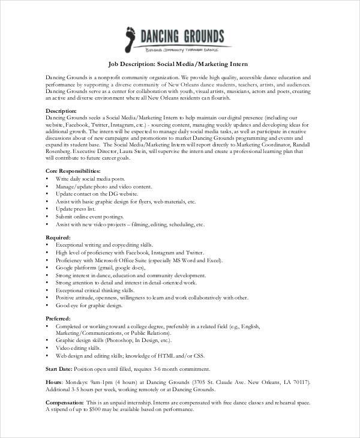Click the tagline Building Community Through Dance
(x=182, y=50)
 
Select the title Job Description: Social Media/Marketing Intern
(x=178, y=64)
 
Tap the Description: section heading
(x=61, y=111)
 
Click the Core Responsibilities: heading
(x=73, y=171)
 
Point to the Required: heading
(x=59, y=238)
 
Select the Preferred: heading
(x=59, y=319)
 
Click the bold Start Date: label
(x=61, y=368)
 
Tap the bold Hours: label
(x=54, y=382)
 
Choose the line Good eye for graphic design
(x=89, y=305)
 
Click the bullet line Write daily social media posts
(x=90, y=179)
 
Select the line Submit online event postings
(x=90, y=217)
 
